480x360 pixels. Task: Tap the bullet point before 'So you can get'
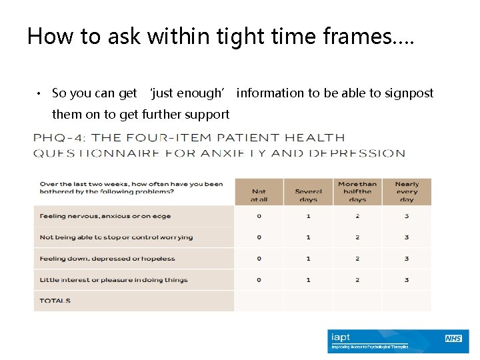[40, 93]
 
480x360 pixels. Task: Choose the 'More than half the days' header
[357, 191]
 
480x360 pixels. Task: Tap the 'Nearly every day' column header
[407, 191]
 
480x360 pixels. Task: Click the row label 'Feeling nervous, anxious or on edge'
[105, 216]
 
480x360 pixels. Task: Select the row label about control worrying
[116, 237]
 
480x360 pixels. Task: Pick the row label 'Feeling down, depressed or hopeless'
[107, 259]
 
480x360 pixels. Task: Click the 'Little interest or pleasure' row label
[113, 280]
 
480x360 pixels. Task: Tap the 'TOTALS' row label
[55, 301]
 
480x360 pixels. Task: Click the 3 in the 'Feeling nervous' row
[407, 216]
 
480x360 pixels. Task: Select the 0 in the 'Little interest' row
[259, 280]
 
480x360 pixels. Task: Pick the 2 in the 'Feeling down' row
[357, 259]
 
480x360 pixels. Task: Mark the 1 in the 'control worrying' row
[308, 237]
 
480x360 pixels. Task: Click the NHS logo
[453, 339]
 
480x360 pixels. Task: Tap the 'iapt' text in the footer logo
[341, 337]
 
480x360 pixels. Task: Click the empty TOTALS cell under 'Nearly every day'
[407, 301]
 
